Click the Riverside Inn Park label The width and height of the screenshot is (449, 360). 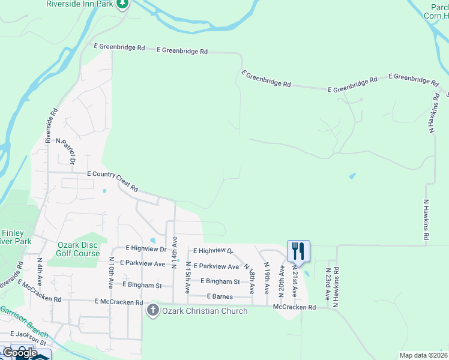pos(80,4)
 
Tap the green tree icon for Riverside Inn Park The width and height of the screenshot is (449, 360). pos(122,4)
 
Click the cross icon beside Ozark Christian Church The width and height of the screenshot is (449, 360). pos(152,310)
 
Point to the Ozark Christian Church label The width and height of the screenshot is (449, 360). pos(204,311)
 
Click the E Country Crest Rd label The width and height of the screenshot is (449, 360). pos(112,180)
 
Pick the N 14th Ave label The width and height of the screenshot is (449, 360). pos(173,251)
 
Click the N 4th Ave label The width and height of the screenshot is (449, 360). pos(40,272)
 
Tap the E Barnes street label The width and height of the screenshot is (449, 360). pos(220,296)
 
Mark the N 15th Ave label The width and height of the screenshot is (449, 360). pos(188,277)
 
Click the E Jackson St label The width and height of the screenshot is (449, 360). pos(29,333)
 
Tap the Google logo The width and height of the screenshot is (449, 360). pos(20,353)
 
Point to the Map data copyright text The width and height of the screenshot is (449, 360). pos(423,355)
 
